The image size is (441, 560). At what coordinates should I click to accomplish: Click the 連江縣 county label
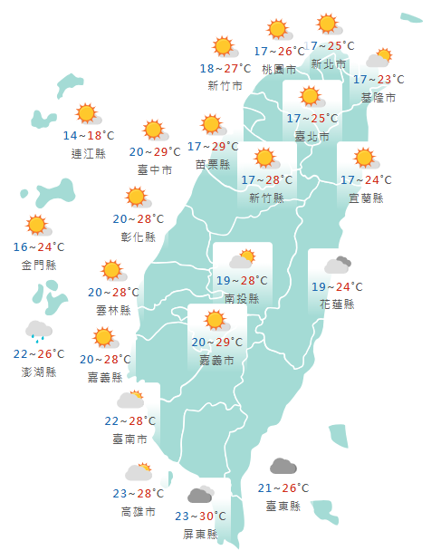pos(89,153)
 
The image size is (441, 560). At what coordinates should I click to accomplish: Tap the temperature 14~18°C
pos(89,136)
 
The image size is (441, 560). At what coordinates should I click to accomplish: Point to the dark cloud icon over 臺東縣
pos(283,468)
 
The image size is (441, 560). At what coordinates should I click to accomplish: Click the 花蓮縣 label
pos(337,304)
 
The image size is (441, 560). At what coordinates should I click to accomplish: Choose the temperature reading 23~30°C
pos(201,517)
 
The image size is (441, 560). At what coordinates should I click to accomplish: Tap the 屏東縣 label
pos(200,534)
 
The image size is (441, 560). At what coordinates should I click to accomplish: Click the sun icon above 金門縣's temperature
pos(37,226)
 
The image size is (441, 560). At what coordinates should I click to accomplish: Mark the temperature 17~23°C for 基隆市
pos(379,81)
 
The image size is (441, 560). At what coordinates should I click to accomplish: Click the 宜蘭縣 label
pos(365,198)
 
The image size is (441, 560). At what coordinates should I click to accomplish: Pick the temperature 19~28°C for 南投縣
pos(242,281)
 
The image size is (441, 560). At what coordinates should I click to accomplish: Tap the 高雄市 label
pos(138,511)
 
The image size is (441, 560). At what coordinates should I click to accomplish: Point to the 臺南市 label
pos(130,439)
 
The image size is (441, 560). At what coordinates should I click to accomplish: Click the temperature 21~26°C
pos(283,488)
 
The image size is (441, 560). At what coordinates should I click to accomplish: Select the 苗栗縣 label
pos(213,164)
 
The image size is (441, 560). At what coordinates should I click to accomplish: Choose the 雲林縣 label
pos(113,309)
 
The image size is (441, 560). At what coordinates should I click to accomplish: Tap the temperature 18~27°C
pos(225,69)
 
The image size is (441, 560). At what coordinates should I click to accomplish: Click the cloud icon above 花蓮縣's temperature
pos(338,266)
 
